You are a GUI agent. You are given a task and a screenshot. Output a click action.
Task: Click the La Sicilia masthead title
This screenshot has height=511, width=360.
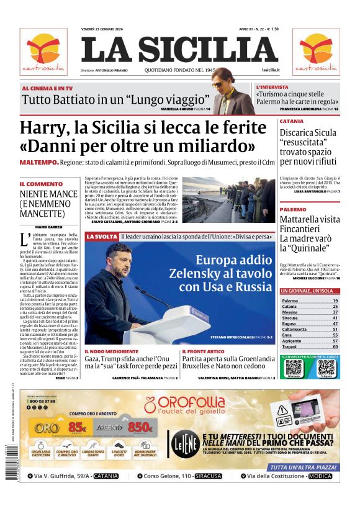point(179,50)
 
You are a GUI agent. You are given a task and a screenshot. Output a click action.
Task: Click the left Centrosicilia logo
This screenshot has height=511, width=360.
point(43,52)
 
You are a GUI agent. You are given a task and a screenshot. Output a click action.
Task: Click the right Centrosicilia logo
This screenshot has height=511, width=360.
point(316,52)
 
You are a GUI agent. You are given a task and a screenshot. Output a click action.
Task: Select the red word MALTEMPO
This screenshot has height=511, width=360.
point(39,162)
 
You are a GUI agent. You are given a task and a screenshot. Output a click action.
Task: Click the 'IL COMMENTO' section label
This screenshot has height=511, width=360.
point(41,184)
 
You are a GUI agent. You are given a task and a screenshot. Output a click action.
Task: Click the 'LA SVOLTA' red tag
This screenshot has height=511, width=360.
point(101,237)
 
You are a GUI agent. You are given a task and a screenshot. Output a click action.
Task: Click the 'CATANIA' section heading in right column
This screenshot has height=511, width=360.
point(292,121)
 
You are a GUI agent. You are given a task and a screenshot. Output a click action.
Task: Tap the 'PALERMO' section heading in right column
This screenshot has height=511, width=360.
point(293,210)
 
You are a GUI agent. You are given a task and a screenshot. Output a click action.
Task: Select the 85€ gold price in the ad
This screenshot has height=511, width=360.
point(77,427)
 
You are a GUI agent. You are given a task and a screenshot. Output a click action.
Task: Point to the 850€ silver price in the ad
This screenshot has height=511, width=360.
point(140,427)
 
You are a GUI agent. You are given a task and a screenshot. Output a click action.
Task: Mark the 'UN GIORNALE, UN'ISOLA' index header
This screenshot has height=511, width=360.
point(308,291)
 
